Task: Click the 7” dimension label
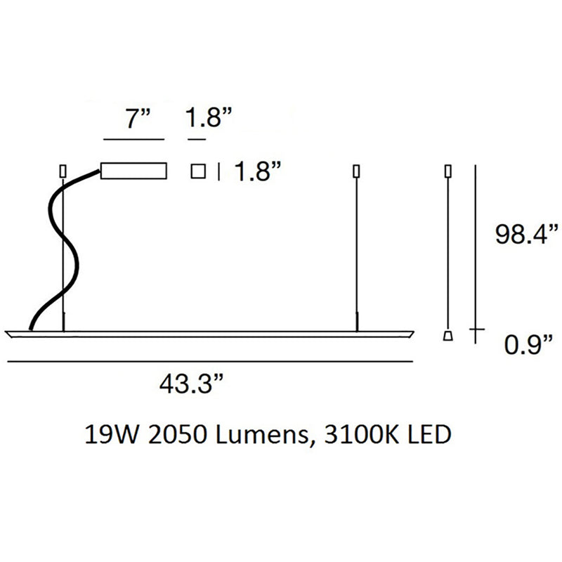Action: pos(138,118)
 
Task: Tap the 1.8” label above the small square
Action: pos(209,117)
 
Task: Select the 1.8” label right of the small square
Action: pos(257,171)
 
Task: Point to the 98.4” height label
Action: pos(526,234)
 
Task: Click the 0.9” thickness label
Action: pos(528,344)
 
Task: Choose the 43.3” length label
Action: pos(192,384)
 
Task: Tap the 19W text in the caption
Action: pos(112,434)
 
